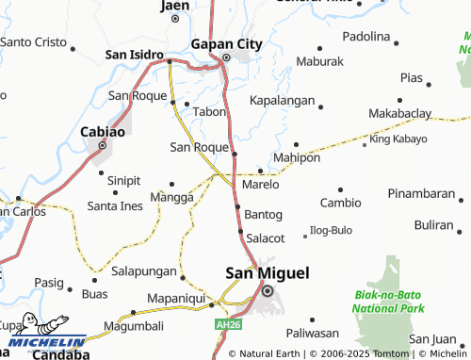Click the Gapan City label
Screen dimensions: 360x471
(x=226, y=43)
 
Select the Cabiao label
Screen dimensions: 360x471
(x=103, y=133)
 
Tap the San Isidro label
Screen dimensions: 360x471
(x=135, y=55)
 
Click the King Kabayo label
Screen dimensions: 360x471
(x=398, y=139)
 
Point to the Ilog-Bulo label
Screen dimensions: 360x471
(x=331, y=230)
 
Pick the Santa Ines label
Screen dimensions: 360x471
(x=114, y=205)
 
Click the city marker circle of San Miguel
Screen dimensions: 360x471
(x=268, y=290)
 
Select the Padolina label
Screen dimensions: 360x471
(x=365, y=37)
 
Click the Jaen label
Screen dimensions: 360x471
(x=175, y=6)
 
